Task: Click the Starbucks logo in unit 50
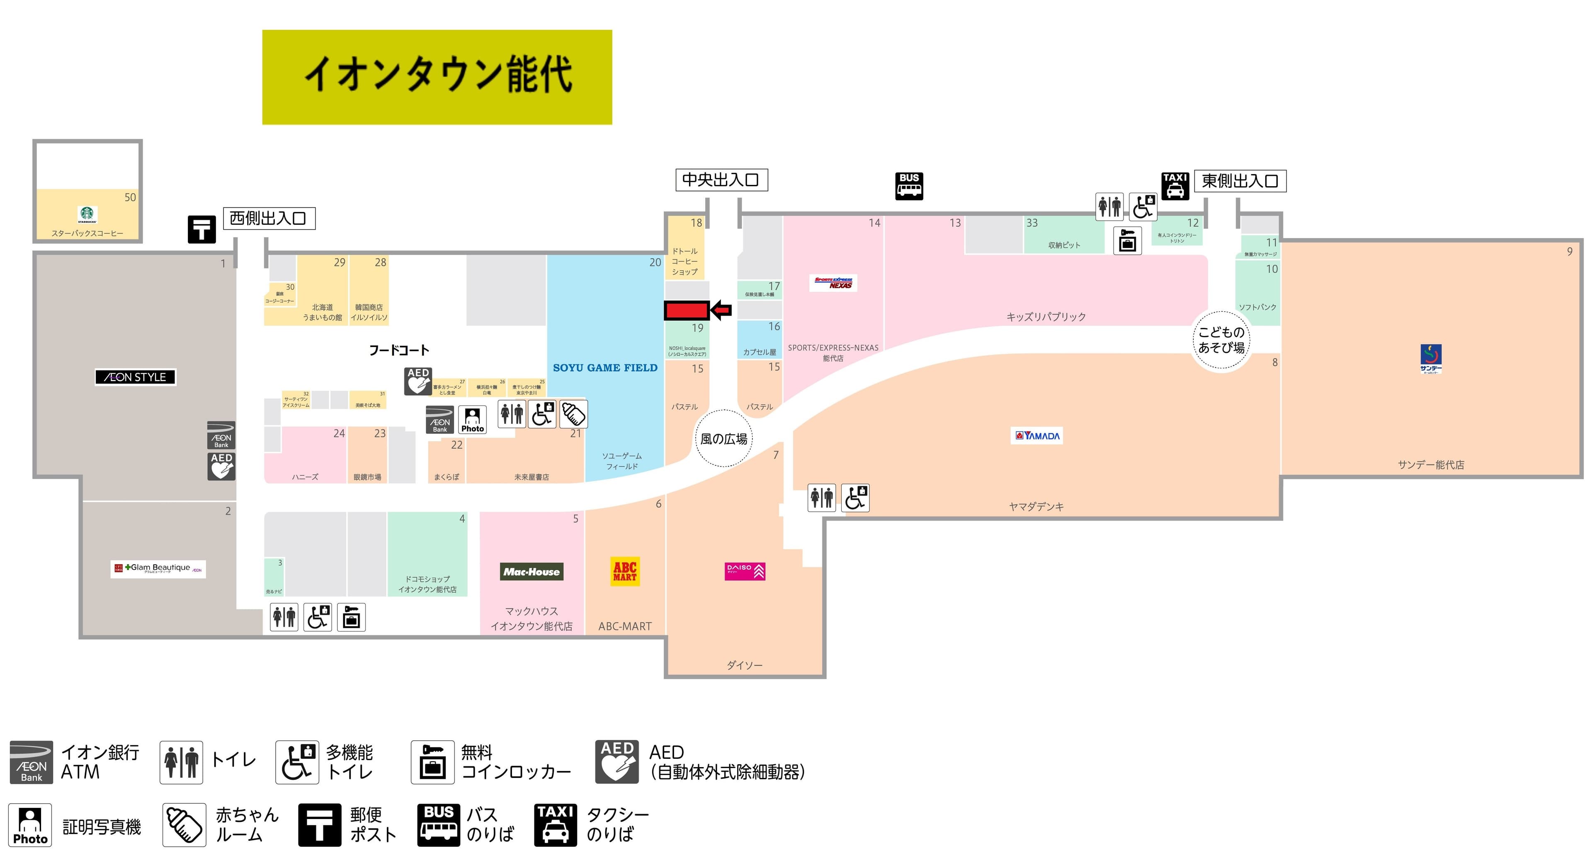[x=88, y=214]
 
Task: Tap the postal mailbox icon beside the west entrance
[x=201, y=229]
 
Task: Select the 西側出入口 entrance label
[x=269, y=218]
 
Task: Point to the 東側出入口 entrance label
[x=1239, y=181]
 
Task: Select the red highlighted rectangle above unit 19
[x=686, y=310]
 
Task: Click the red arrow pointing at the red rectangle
[x=721, y=310]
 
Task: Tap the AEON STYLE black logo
[x=135, y=377]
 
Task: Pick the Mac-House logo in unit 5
[x=531, y=572]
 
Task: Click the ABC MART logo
[x=625, y=571]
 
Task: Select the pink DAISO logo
[x=745, y=571]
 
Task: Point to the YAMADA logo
[x=1037, y=436]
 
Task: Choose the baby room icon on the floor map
[x=573, y=414]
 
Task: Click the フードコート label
[x=398, y=350]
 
